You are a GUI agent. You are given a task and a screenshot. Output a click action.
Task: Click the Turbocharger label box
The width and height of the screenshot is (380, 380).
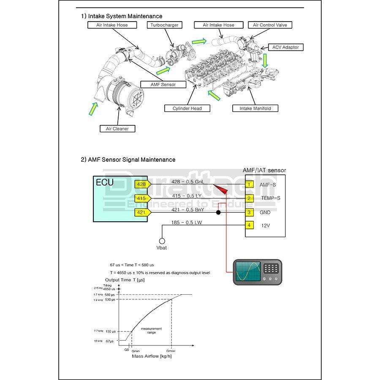click(x=165, y=25)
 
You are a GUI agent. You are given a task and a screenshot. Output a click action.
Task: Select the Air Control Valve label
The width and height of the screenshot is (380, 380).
click(x=270, y=25)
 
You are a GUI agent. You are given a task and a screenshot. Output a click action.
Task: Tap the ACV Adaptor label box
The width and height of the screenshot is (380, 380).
click(x=285, y=47)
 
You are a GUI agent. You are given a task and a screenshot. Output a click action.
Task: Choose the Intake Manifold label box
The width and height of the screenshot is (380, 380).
click(x=255, y=109)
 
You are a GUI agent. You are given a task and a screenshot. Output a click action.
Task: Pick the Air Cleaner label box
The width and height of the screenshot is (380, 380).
click(x=117, y=129)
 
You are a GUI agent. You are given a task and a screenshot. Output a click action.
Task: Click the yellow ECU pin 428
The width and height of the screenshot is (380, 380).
click(x=141, y=185)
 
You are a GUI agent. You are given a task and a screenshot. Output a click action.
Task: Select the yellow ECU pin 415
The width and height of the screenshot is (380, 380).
click(x=141, y=198)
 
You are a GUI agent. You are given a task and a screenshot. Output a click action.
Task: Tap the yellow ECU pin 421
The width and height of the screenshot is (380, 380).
click(x=141, y=212)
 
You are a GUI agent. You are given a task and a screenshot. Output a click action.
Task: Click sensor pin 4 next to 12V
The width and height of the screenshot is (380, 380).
click(x=250, y=225)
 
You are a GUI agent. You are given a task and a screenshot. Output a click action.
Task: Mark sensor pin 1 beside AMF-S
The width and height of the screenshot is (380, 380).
click(x=250, y=185)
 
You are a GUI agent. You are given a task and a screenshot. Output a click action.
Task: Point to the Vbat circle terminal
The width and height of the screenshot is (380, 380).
click(x=161, y=241)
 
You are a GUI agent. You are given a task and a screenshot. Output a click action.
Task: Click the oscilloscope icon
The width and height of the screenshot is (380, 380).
click(x=257, y=272)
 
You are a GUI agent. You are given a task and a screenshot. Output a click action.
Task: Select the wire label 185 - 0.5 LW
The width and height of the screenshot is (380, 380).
click(x=186, y=222)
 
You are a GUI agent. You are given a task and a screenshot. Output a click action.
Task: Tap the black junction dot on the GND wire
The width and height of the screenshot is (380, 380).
click(x=218, y=212)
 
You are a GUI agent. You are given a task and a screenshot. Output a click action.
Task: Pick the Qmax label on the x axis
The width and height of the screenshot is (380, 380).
click(x=171, y=350)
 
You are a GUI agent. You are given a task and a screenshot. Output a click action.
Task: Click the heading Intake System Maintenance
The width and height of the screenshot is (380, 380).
click(x=122, y=16)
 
